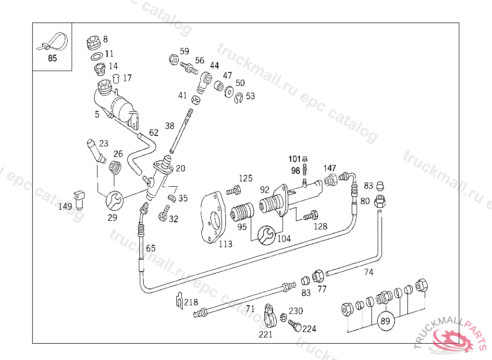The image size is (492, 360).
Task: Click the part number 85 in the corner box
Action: (52, 59)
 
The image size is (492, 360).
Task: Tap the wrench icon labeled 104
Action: (267, 236)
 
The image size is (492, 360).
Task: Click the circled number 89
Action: (385, 321)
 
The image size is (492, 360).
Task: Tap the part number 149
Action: (65, 207)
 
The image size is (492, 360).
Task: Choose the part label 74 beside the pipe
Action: (369, 272)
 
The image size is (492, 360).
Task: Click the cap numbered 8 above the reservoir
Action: (93, 43)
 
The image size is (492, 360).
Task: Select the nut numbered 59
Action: (174, 60)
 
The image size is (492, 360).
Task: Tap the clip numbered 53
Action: (239, 99)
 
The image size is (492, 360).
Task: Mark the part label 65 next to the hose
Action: (151, 248)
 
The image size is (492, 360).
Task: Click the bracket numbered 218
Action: (178, 301)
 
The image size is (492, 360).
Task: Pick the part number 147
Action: (330, 168)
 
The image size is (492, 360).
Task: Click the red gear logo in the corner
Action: (454, 339)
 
